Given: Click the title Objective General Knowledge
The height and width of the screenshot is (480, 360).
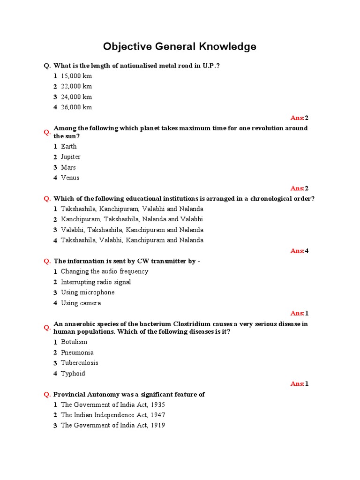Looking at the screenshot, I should point(180,46).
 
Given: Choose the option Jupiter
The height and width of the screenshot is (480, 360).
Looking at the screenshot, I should point(70,157).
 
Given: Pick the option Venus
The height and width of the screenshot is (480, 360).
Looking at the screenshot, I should point(70,178).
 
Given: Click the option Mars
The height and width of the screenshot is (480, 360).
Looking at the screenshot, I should point(68,167).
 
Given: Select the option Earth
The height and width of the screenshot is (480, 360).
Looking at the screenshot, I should point(68,146).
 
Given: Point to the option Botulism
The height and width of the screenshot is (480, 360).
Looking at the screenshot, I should point(74,342).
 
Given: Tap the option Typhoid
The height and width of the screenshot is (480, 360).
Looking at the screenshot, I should point(73,374).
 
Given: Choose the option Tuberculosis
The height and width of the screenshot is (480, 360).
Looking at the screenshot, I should point(79,363).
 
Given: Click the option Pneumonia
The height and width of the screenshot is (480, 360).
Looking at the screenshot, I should point(77,352).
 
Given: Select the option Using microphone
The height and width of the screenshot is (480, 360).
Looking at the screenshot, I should point(87,292).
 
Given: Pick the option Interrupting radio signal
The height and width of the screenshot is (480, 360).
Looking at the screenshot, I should point(96,282).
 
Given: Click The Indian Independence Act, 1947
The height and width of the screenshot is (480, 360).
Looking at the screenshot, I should point(112,415).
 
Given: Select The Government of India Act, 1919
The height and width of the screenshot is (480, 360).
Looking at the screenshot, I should point(112,426).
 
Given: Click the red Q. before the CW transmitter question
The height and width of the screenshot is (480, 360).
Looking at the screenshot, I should point(47,261).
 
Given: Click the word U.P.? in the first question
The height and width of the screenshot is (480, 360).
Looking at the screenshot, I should point(211,66).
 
